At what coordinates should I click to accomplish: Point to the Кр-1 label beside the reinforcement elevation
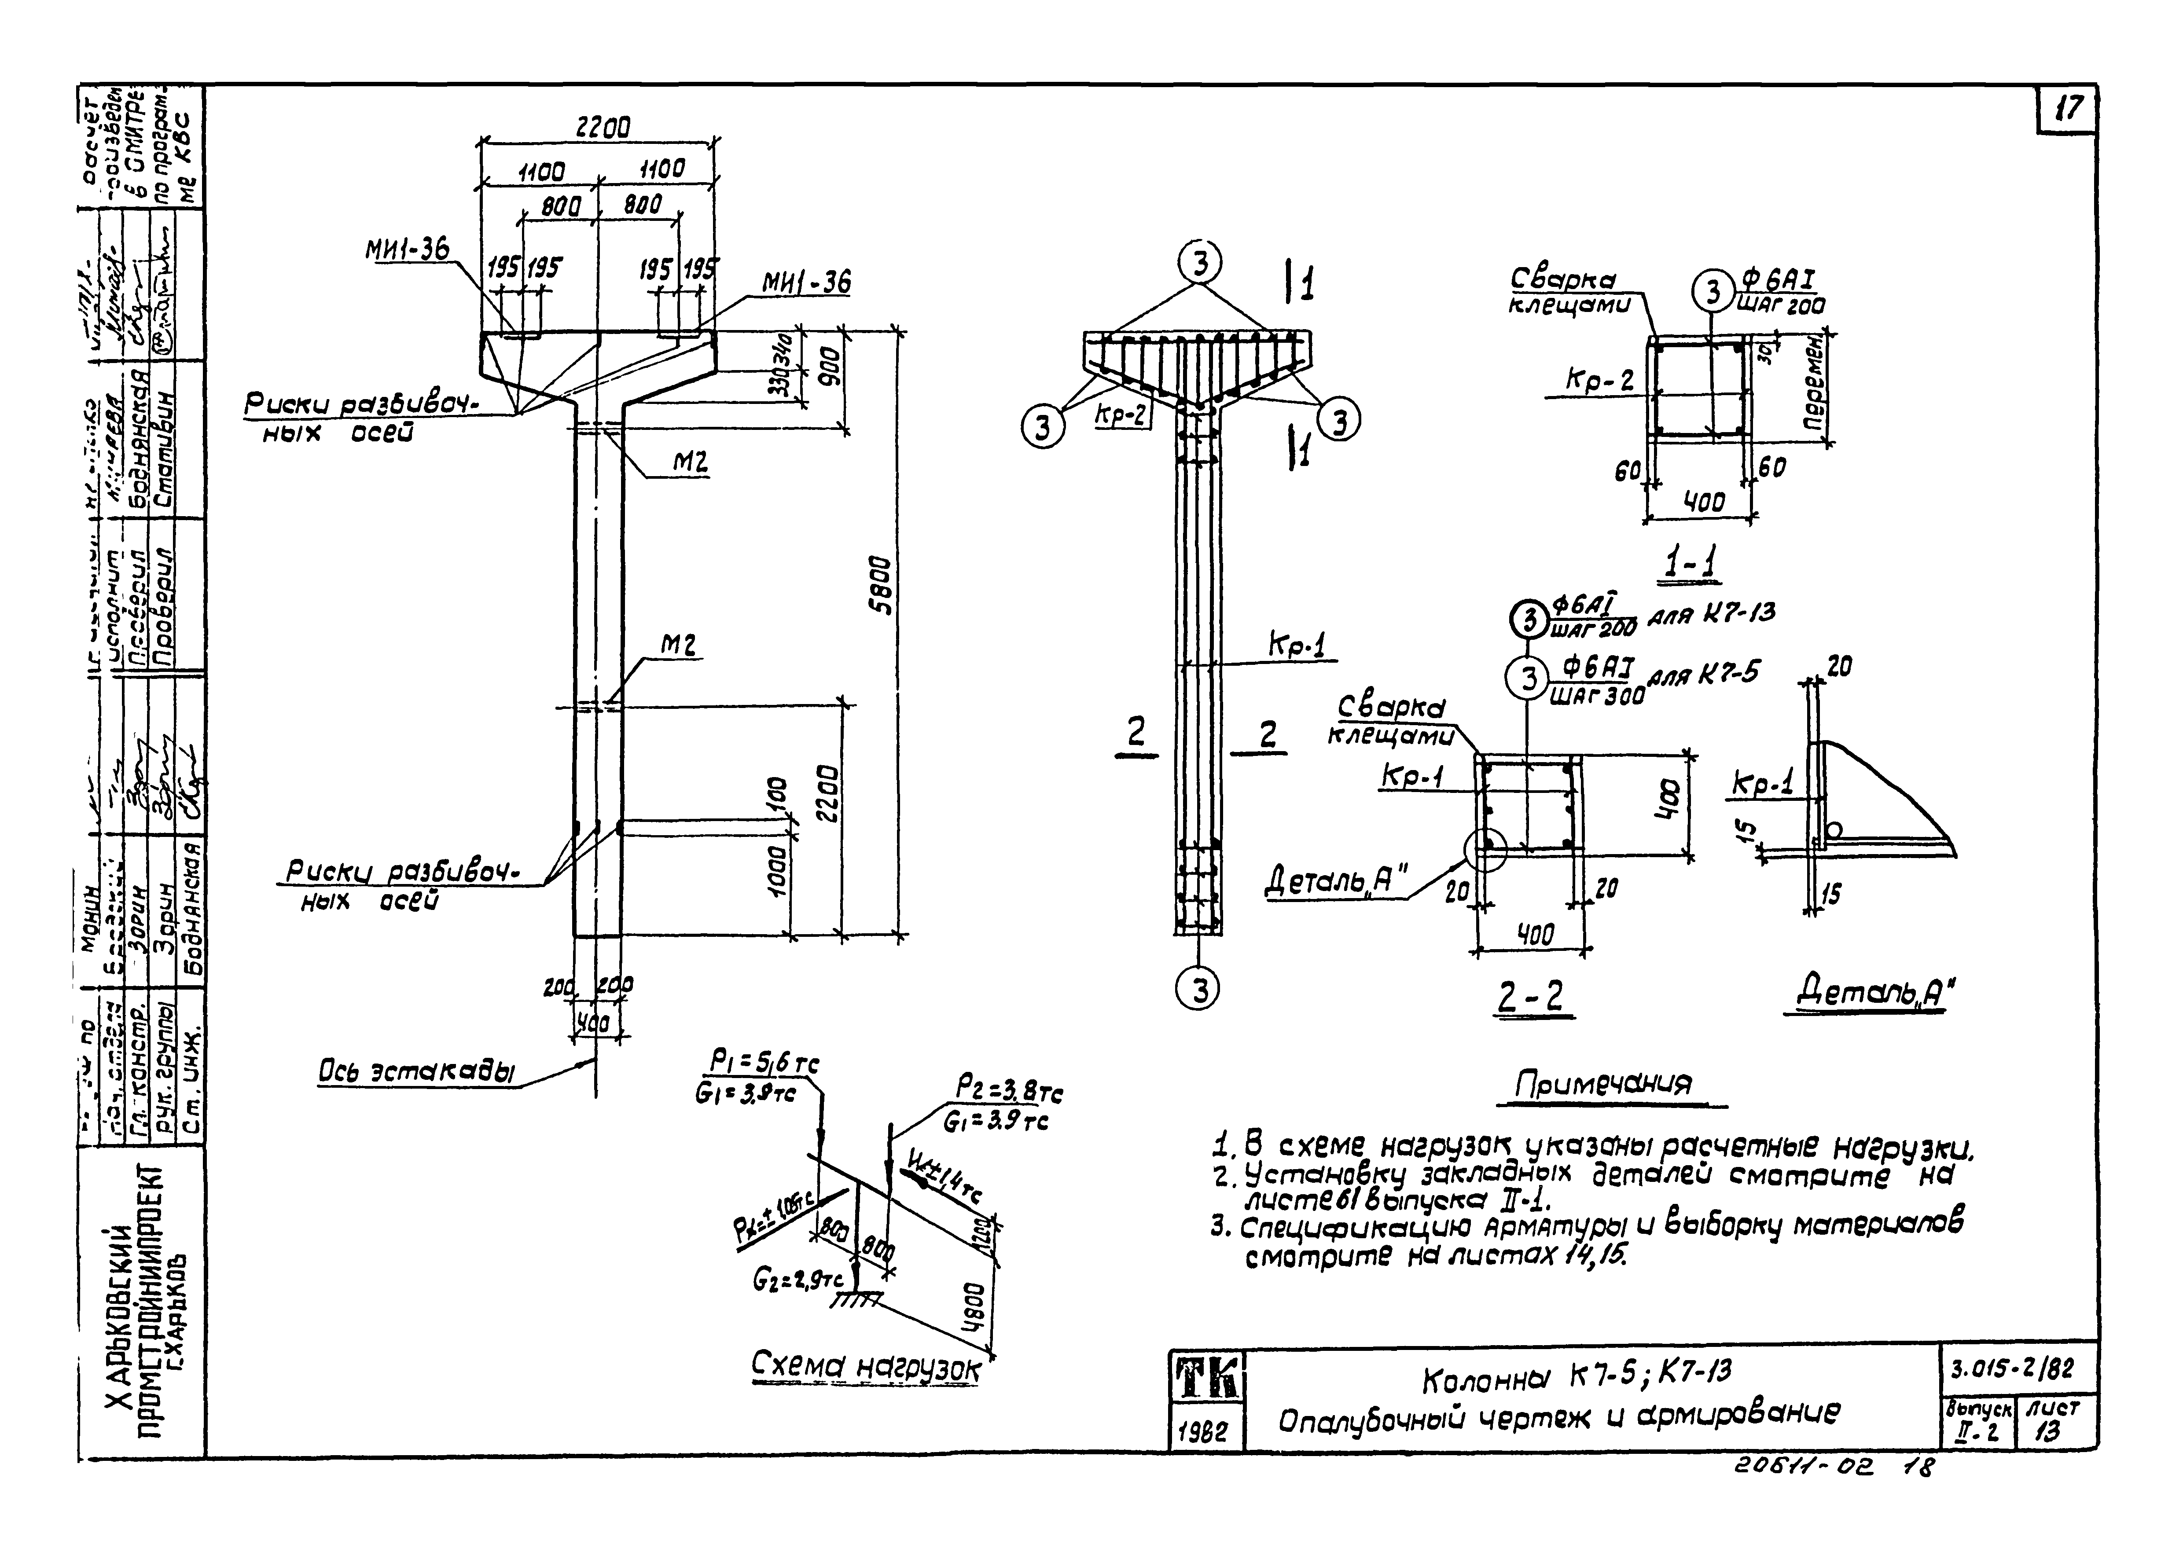[1297, 647]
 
